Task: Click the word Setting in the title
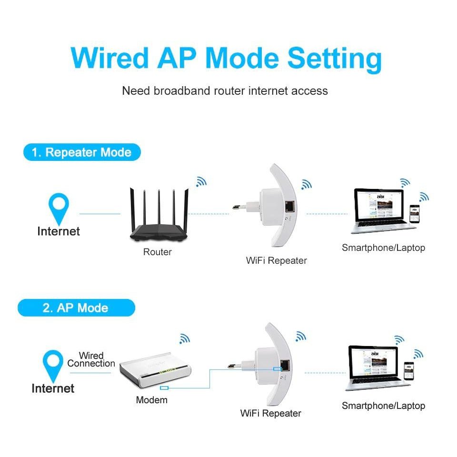click(x=335, y=59)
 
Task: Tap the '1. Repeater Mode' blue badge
click(x=81, y=152)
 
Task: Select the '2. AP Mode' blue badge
click(x=76, y=308)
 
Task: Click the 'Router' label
click(x=157, y=252)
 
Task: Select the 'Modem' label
click(x=151, y=400)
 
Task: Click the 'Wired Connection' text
click(x=91, y=359)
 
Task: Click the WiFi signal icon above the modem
click(x=184, y=338)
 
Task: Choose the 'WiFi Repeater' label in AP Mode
click(x=270, y=413)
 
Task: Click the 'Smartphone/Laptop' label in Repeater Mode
click(x=383, y=248)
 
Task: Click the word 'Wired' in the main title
click(x=109, y=59)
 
